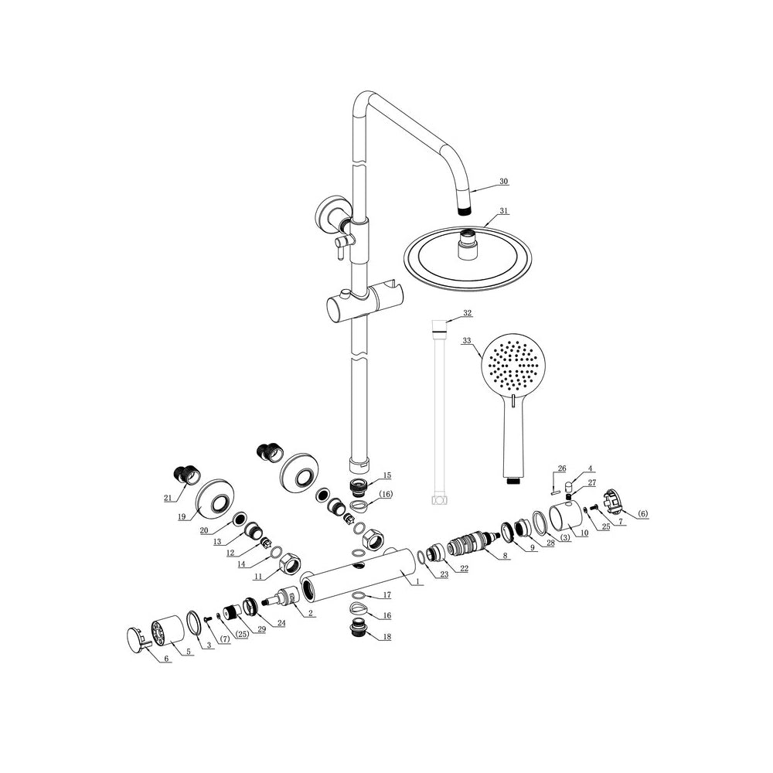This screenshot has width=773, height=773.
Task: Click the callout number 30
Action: (x=503, y=182)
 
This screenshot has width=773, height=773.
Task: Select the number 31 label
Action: (x=504, y=210)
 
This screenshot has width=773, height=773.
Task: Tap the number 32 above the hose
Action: (x=467, y=313)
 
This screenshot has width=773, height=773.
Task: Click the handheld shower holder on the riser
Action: (x=363, y=304)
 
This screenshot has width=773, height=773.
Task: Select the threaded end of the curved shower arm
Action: (x=464, y=209)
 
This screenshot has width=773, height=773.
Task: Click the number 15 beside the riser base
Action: (x=386, y=475)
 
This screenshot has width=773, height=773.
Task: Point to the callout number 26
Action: (x=562, y=468)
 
